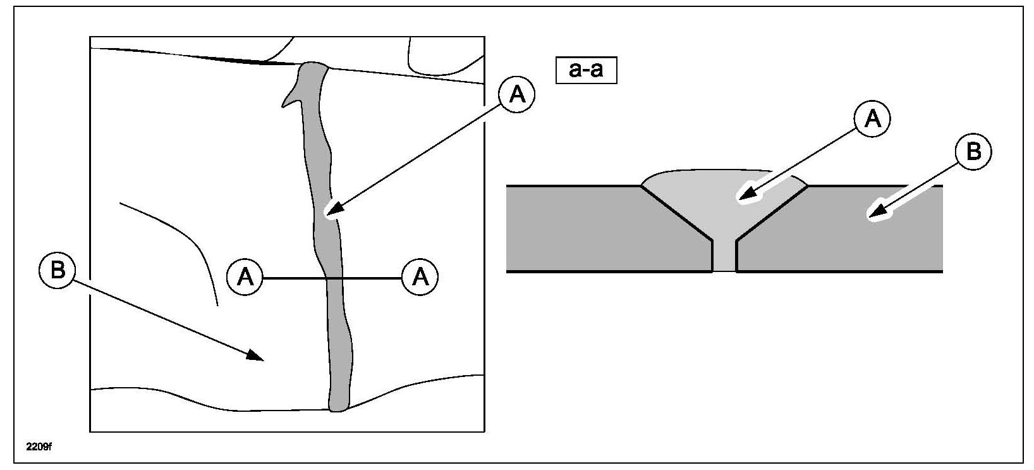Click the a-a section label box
click(586, 70)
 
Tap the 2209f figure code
click(39, 447)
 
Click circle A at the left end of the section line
click(245, 277)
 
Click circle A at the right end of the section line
click(420, 277)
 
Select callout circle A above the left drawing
click(517, 95)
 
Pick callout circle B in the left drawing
click(57, 271)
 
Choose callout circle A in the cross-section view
click(872, 118)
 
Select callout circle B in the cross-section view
click(973, 152)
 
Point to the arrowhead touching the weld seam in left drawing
click(331, 211)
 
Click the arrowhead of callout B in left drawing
click(257, 356)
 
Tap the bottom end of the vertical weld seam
click(338, 407)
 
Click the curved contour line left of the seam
click(190, 240)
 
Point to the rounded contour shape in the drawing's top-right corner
click(442, 57)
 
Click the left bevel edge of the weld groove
click(676, 213)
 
